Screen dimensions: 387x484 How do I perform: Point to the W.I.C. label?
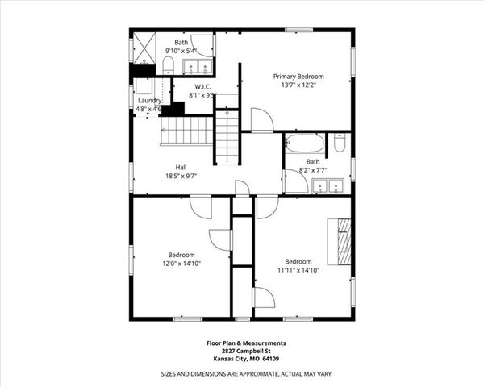(202, 85)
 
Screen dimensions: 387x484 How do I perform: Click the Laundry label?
(149, 100)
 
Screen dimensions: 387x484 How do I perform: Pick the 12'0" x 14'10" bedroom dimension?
(181, 263)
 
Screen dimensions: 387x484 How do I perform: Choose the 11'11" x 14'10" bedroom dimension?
(298, 271)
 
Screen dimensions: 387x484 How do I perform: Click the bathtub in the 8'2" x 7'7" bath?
(306, 144)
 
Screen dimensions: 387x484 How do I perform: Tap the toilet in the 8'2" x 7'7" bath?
(340, 144)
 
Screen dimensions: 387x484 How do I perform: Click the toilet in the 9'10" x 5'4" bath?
(169, 64)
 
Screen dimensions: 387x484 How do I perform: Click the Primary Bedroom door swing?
(261, 120)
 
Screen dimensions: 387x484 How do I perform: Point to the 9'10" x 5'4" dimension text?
(181, 51)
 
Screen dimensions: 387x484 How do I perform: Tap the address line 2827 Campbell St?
(241, 352)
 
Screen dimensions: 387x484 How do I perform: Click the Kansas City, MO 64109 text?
(241, 360)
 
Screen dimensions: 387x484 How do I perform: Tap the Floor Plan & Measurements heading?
(241, 343)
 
